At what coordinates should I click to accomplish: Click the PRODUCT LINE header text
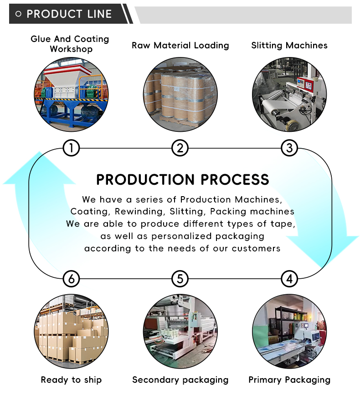(x=69, y=14)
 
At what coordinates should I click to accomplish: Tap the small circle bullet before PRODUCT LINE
(x=18, y=14)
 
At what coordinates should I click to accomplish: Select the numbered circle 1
(x=71, y=148)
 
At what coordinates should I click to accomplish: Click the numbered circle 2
(x=180, y=148)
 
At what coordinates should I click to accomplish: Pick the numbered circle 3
(x=289, y=148)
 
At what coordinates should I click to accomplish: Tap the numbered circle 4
(x=289, y=278)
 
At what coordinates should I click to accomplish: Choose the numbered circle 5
(x=180, y=278)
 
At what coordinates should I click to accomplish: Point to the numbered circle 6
(x=71, y=278)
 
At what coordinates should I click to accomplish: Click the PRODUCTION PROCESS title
(x=182, y=180)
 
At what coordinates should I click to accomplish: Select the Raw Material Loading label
(x=180, y=45)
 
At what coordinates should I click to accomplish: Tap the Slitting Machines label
(x=289, y=45)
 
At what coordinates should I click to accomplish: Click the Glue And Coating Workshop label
(x=70, y=44)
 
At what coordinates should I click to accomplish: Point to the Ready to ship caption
(x=71, y=380)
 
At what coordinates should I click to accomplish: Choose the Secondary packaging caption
(x=180, y=380)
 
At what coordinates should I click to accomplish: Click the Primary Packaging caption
(x=289, y=380)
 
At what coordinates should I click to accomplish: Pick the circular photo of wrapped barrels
(x=180, y=94)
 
